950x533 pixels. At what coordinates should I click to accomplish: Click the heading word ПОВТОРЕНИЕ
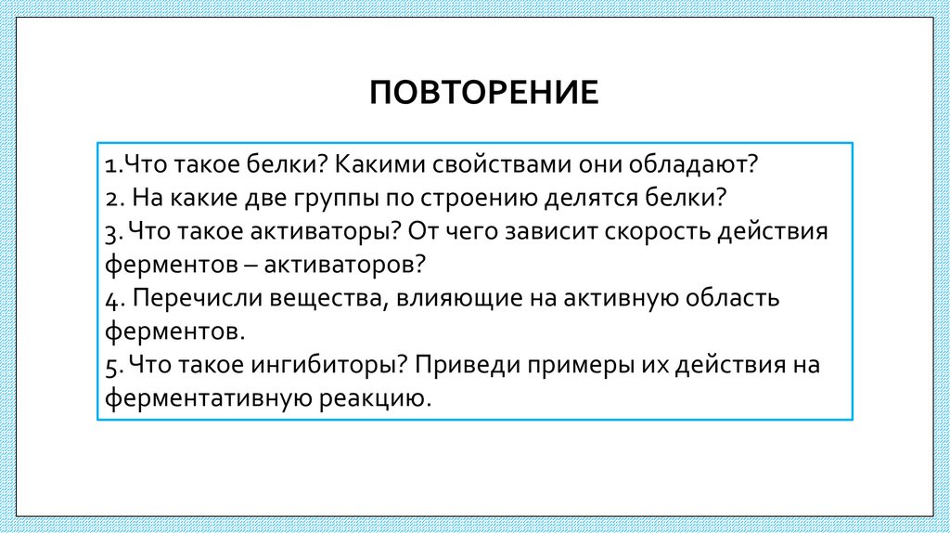484,94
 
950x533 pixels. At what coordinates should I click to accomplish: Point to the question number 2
110,198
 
